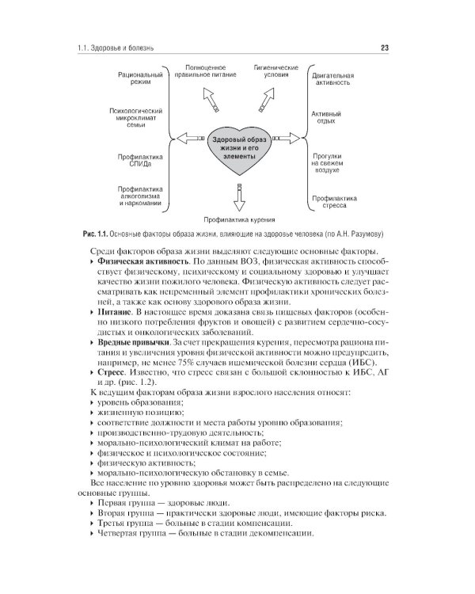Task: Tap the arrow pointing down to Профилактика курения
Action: click(x=237, y=193)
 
